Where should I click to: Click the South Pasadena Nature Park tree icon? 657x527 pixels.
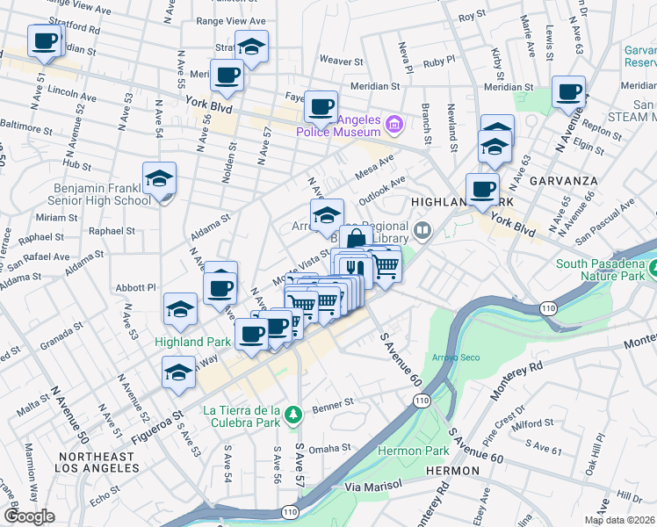[x=650, y=266]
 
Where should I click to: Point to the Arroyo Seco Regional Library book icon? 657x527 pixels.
[x=424, y=232]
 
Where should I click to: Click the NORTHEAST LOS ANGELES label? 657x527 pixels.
[x=96, y=464]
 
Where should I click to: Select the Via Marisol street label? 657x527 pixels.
[x=373, y=485]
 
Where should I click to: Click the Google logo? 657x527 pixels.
[x=29, y=516]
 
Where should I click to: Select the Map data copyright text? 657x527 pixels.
[x=619, y=520]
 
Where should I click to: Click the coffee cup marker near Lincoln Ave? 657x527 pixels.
[x=44, y=40]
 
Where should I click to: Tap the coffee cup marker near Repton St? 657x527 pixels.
[x=568, y=92]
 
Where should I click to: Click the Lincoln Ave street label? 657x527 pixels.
[x=72, y=90]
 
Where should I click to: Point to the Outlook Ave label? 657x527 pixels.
[x=380, y=191]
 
